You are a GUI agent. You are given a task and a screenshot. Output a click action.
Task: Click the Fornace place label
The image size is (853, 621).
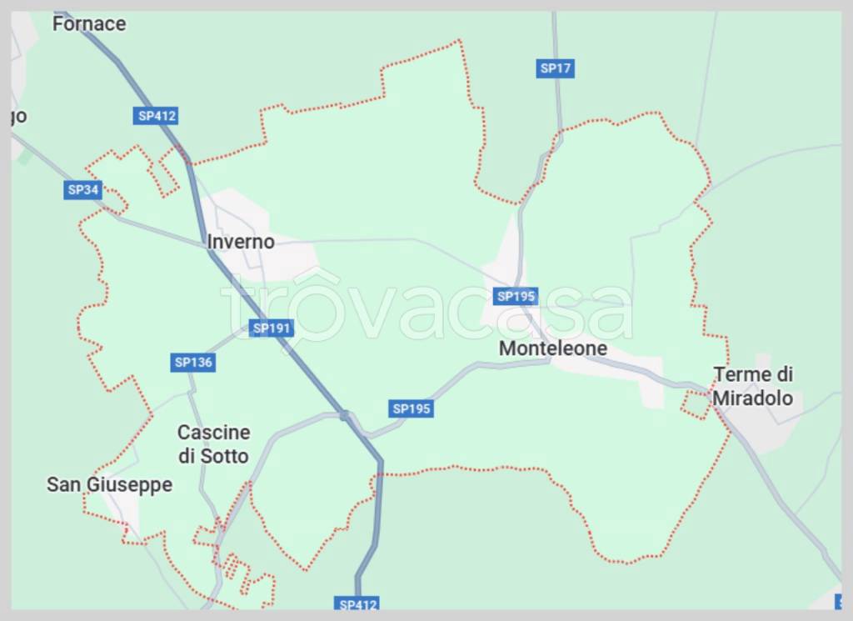(88, 23)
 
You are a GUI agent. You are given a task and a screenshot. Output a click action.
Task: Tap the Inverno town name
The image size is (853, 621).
(241, 242)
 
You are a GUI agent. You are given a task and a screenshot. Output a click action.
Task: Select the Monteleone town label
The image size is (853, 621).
(553, 348)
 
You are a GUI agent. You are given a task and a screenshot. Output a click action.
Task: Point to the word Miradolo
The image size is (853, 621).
(752, 398)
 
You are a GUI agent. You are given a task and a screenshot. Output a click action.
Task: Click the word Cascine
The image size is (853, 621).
(213, 433)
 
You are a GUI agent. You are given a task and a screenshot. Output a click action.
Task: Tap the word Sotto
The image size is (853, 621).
(224, 456)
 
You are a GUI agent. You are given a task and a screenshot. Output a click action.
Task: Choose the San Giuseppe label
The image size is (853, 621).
(109, 484)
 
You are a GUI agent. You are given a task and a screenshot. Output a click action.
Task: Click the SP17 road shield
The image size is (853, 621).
(556, 68)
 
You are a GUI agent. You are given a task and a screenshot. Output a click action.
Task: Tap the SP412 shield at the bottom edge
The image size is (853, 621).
(359, 603)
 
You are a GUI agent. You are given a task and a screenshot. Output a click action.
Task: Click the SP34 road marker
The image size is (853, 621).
(83, 190)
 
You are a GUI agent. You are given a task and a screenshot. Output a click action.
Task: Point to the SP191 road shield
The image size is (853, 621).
(272, 328)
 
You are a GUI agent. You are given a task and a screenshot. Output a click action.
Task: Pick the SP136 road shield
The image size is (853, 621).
(193, 363)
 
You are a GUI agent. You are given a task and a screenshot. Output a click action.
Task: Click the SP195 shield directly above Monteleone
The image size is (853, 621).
(516, 296)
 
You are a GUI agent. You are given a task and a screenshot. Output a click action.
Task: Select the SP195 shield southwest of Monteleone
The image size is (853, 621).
(412, 408)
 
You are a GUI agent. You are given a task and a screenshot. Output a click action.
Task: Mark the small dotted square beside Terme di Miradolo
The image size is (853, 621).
(694, 404)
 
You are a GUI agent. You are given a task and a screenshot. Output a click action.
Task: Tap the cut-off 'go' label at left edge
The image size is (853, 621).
(18, 116)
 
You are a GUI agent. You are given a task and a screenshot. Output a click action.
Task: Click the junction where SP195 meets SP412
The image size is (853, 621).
(344, 414)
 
